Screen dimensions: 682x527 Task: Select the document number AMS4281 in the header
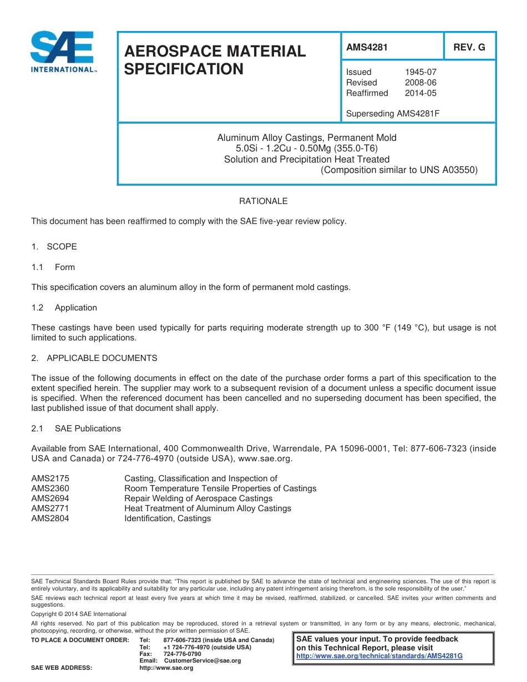[x=367, y=47]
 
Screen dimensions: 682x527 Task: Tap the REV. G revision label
[x=469, y=47]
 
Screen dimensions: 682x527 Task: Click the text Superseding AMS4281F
[x=393, y=114]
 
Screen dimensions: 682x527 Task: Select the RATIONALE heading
[x=263, y=201]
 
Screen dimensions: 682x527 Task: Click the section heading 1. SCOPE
[x=54, y=247]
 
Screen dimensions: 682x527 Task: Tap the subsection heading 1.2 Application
[x=64, y=308]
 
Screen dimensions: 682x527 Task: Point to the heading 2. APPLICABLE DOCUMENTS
[x=94, y=358]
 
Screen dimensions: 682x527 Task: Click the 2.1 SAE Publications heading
[x=76, y=429]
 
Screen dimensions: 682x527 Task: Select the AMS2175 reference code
[x=50, y=479]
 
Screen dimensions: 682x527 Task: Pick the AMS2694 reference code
[x=50, y=498]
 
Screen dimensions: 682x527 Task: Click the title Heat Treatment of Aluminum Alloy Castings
[x=207, y=508]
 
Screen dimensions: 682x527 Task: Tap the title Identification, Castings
[x=168, y=518]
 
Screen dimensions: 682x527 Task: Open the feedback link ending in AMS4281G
[x=379, y=656]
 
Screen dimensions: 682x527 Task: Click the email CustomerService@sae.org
[x=202, y=661]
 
